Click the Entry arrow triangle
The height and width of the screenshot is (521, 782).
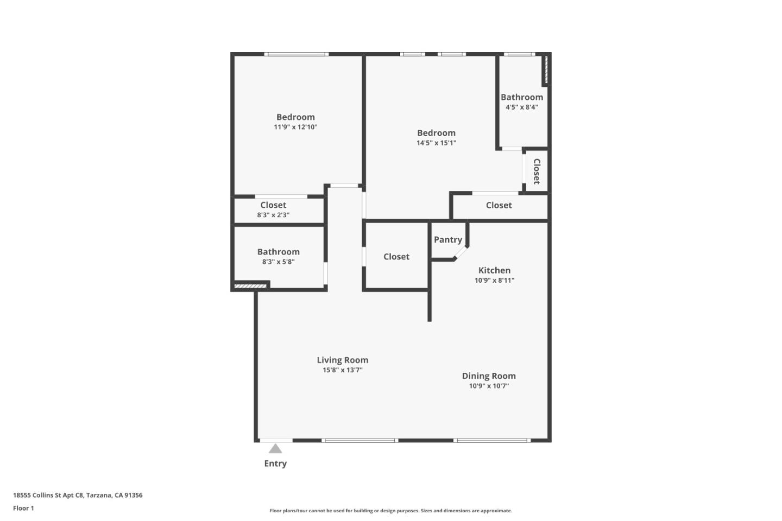[x=275, y=448]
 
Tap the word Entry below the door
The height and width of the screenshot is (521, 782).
[x=275, y=463]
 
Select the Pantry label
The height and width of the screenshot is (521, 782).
[x=447, y=239]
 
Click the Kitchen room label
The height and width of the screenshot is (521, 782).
[x=494, y=270]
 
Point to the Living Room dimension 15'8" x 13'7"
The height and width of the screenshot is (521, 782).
[x=342, y=370]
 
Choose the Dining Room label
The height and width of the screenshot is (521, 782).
[x=489, y=376]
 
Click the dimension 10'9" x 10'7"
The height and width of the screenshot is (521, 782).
[x=489, y=386]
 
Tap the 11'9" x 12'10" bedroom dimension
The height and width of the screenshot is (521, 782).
[x=295, y=127]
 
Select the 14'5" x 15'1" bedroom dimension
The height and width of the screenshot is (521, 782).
[x=436, y=143]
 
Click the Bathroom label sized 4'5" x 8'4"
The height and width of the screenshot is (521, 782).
[x=521, y=97]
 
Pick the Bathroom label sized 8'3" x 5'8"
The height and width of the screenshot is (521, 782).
[x=278, y=252]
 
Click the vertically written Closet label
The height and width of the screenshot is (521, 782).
[x=537, y=171]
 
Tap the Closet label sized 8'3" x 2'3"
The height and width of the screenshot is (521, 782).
[x=273, y=205]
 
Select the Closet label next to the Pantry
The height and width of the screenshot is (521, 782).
[x=396, y=257]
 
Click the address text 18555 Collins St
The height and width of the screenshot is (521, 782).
[x=78, y=495]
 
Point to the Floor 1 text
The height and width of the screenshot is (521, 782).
[x=23, y=508]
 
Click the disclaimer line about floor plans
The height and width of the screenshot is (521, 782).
[x=390, y=511]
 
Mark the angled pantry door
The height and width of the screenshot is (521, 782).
[x=461, y=253]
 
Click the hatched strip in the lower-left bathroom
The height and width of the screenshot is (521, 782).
[x=250, y=286]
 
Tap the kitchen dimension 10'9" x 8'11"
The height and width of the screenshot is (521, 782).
[x=494, y=280]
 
